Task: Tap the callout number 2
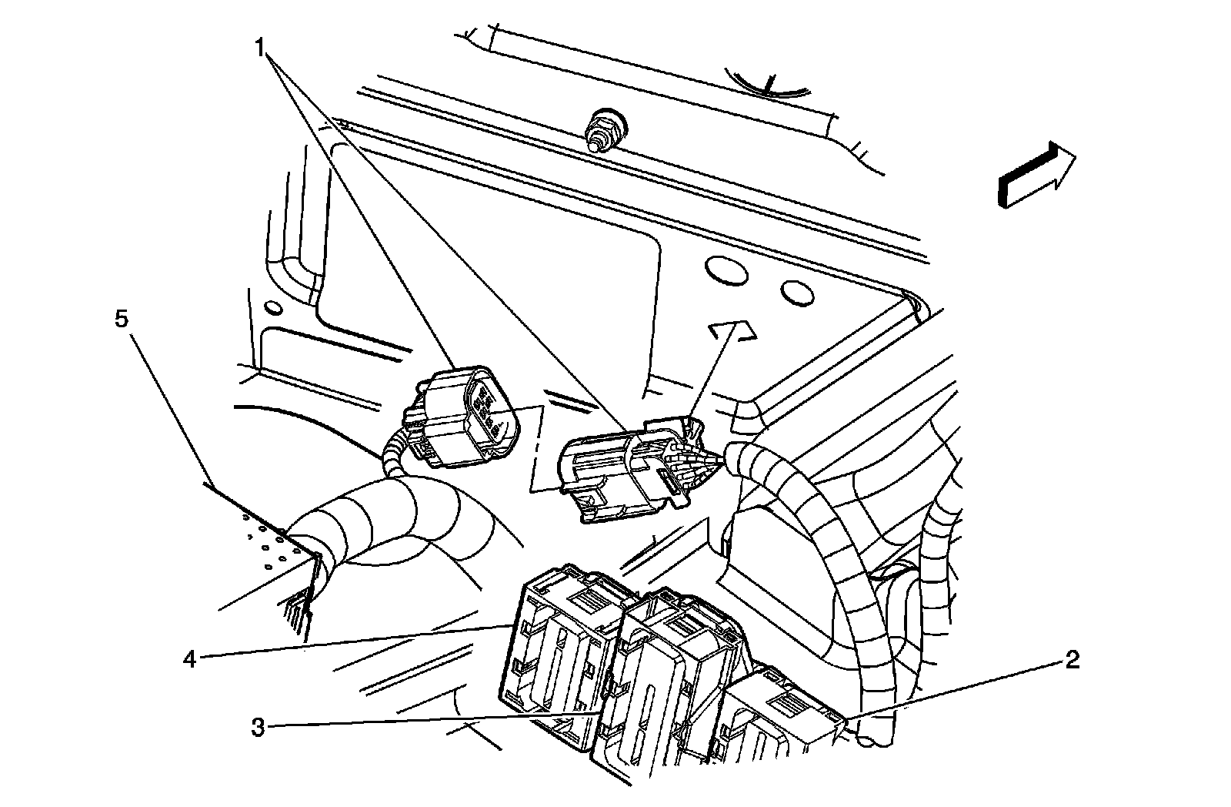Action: pyautogui.click(x=1072, y=659)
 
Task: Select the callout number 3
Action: pyautogui.click(x=259, y=727)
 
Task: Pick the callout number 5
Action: pyautogui.click(x=122, y=320)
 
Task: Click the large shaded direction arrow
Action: pyautogui.click(x=1036, y=177)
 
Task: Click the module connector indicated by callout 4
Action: pyautogui.click(x=558, y=647)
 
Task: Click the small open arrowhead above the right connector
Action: pyautogui.click(x=733, y=329)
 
